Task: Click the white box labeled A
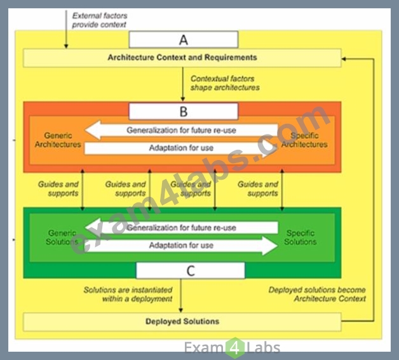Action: (x=184, y=39)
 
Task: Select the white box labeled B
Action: (x=184, y=111)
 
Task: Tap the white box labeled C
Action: (x=191, y=270)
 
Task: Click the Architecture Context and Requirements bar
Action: (x=182, y=58)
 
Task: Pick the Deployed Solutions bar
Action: (x=182, y=322)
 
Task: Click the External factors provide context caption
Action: (x=100, y=20)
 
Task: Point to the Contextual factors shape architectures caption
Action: (x=225, y=83)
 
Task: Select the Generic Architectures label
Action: (x=58, y=140)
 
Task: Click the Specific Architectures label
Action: (x=304, y=140)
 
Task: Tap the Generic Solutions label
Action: (x=62, y=237)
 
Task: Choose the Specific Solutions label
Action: (x=301, y=237)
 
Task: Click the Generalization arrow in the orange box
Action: (x=181, y=130)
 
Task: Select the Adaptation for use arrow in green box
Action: (x=181, y=246)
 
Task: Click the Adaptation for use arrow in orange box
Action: (x=181, y=148)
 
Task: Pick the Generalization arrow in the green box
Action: (x=181, y=227)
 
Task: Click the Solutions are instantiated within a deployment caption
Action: (x=128, y=294)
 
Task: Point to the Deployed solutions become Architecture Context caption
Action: (x=317, y=294)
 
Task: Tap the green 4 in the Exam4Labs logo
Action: (x=235, y=348)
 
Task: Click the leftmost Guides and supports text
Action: (x=58, y=189)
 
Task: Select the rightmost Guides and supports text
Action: (x=257, y=189)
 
